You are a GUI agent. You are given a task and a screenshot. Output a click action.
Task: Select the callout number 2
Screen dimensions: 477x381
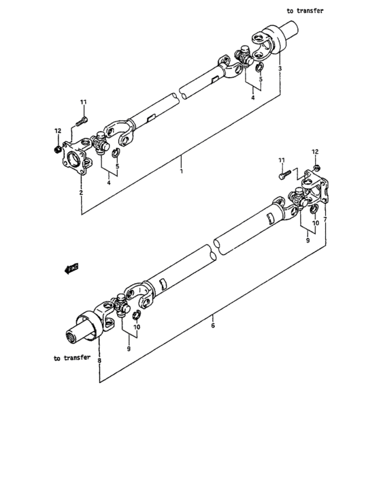[x=81, y=194]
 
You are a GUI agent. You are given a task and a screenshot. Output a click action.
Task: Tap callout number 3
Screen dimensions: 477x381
[x=280, y=70]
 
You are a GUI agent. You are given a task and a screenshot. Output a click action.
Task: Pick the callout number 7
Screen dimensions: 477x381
[x=325, y=220]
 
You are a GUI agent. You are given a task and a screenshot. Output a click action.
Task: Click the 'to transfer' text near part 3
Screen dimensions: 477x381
[x=305, y=11]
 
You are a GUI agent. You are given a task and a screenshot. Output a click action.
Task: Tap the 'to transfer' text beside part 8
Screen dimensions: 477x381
[x=72, y=358]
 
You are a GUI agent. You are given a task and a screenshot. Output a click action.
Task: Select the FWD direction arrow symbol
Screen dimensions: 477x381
[x=71, y=268]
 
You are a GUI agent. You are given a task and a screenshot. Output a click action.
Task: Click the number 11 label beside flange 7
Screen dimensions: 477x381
[x=280, y=160]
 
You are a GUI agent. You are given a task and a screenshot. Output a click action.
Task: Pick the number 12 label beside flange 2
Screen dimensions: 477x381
[x=58, y=131]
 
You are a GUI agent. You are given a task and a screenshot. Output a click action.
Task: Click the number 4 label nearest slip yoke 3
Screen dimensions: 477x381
[x=252, y=97]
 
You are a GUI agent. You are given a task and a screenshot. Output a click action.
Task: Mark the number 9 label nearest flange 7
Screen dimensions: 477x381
[x=308, y=240]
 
